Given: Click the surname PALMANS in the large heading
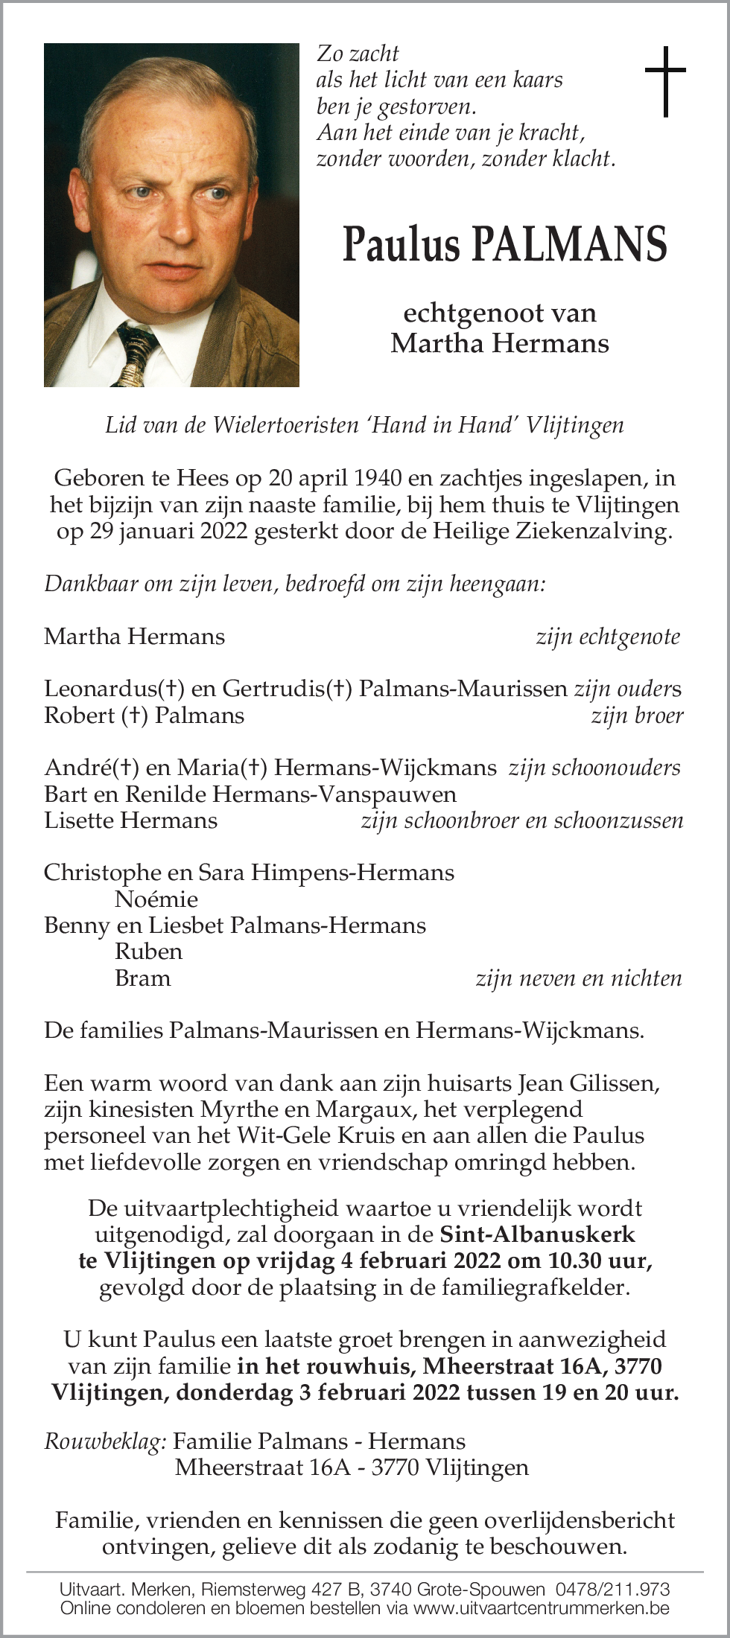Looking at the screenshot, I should [x=571, y=245].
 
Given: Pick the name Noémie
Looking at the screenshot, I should [x=156, y=899].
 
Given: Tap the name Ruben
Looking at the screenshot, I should [x=149, y=951].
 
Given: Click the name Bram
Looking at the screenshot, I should [x=143, y=978].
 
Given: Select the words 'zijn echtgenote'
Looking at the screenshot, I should [x=608, y=637].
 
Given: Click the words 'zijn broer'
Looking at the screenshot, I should [x=637, y=716].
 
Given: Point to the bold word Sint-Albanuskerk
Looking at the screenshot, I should [x=538, y=1234].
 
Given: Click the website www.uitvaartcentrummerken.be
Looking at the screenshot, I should [x=541, y=1607].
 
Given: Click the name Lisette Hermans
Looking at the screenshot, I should [x=131, y=820].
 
